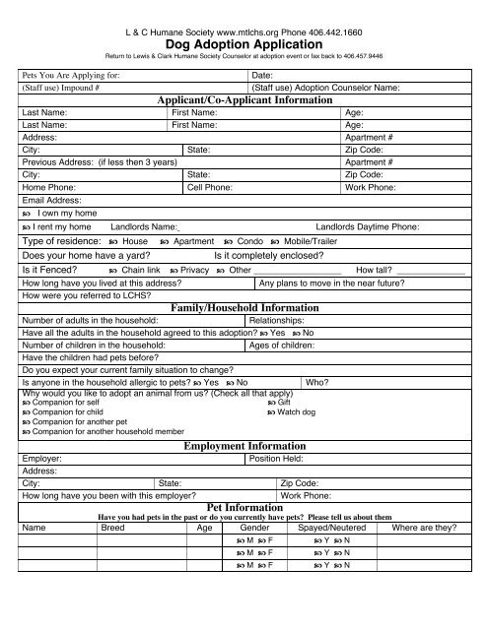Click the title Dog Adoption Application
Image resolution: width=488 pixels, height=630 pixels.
(244, 43)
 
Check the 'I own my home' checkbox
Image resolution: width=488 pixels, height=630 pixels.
(27, 212)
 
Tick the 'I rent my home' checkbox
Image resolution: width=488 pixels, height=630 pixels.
(27, 226)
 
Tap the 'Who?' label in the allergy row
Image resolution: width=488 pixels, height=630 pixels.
(317, 382)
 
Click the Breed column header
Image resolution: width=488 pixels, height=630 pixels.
(113, 528)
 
